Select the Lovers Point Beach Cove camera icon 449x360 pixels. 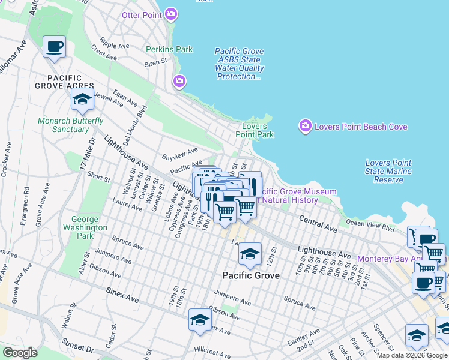point(305,127)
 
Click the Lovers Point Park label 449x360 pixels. point(258,130)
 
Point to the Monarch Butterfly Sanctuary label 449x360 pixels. point(63,125)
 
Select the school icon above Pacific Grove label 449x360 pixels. point(250,255)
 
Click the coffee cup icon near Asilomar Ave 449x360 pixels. point(55,47)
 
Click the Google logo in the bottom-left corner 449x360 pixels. point(19,353)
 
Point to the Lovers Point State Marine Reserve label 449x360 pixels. point(388,171)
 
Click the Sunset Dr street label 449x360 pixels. point(78,347)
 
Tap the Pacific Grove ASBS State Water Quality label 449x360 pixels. point(240,64)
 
